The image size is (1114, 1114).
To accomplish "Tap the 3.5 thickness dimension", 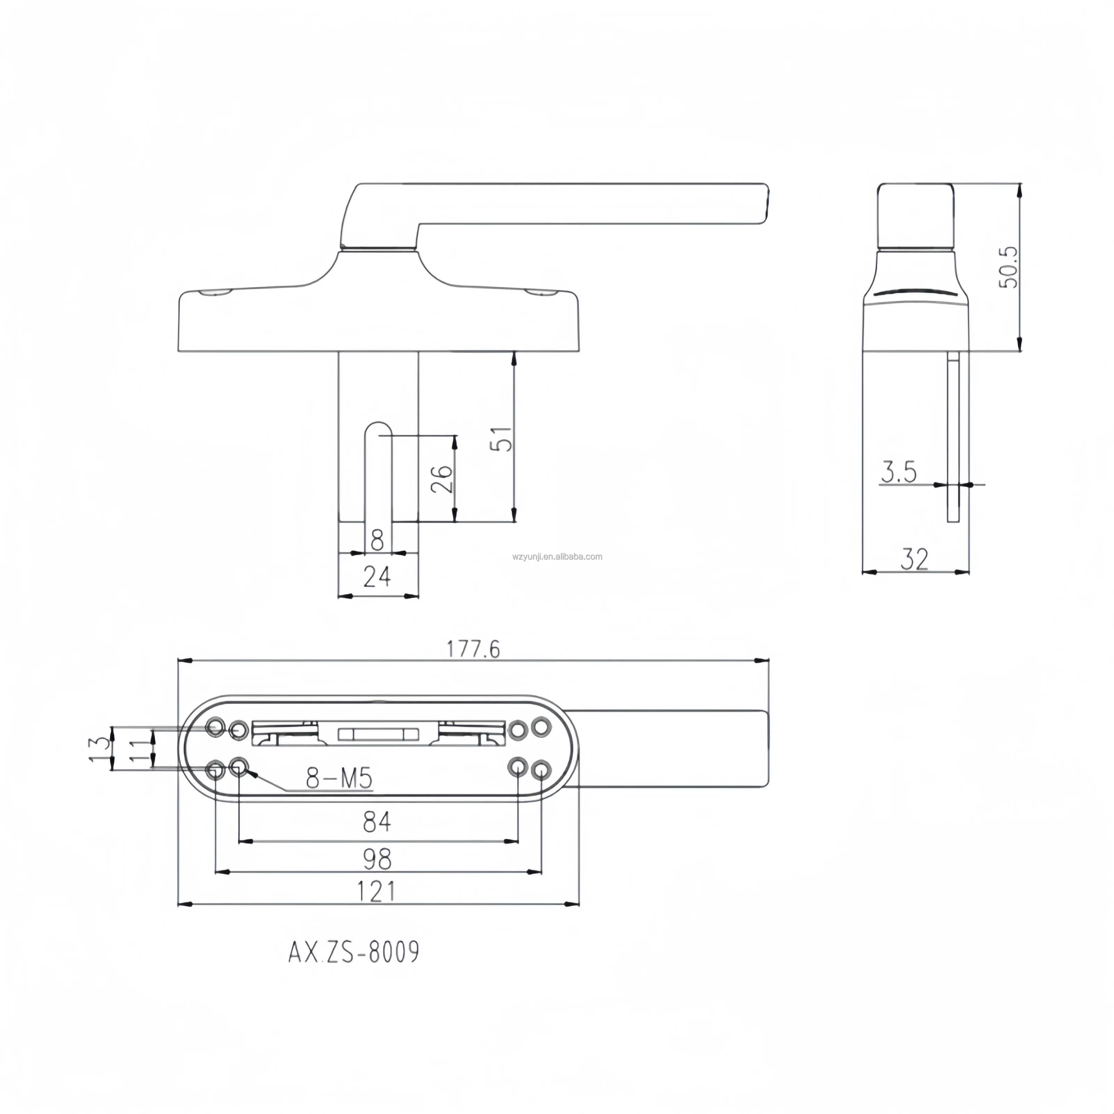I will (x=899, y=472).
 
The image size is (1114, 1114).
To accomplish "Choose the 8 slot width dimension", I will (x=377, y=540).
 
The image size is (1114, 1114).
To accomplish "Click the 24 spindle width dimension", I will (x=377, y=576).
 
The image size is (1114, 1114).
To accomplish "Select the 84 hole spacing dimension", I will (x=377, y=822).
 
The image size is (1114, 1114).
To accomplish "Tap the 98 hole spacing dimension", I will (x=377, y=859).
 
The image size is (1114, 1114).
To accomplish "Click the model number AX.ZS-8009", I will (x=353, y=952).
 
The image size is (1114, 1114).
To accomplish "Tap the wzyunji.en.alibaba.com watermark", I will (x=557, y=556).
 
